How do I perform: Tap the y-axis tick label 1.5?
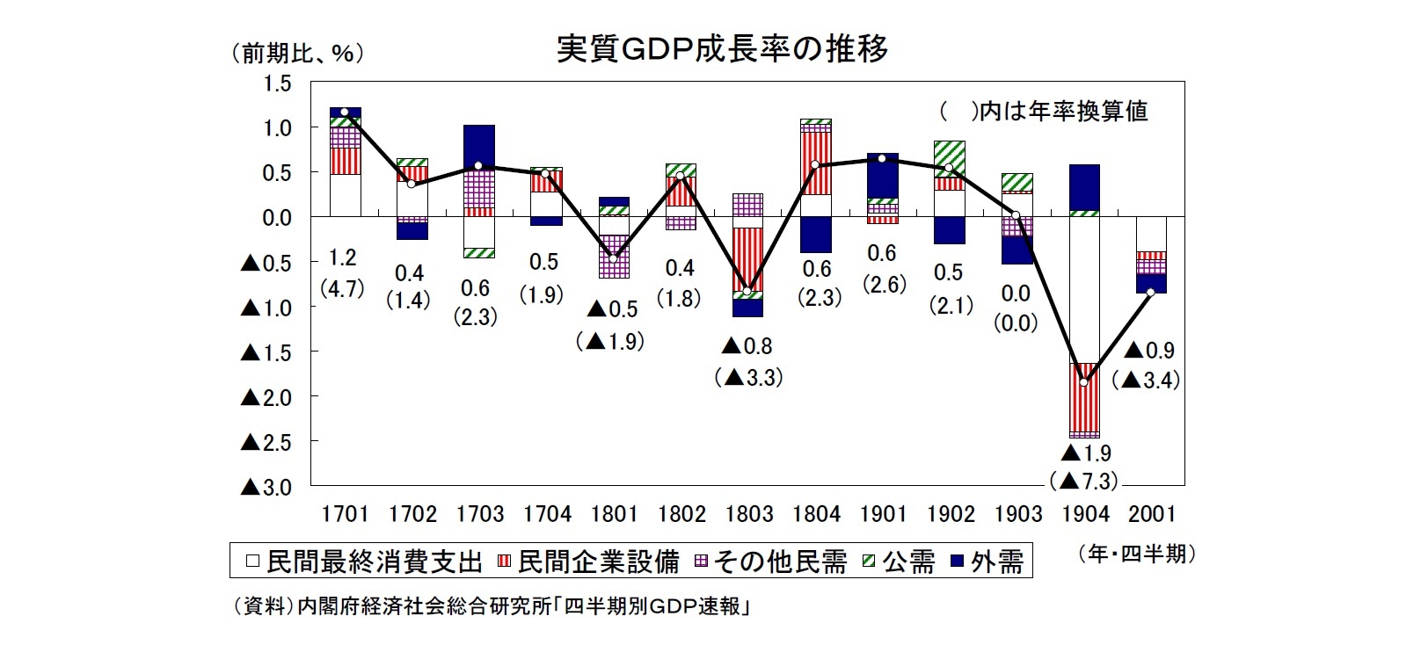click(275, 83)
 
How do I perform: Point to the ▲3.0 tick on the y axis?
click(265, 487)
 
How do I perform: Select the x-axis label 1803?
click(749, 513)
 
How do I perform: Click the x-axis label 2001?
click(1151, 513)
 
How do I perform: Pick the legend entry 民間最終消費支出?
click(364, 562)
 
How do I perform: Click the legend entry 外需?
click(987, 562)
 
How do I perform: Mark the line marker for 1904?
click(1083, 382)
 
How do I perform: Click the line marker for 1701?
click(345, 112)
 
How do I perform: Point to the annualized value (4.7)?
click(342, 288)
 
